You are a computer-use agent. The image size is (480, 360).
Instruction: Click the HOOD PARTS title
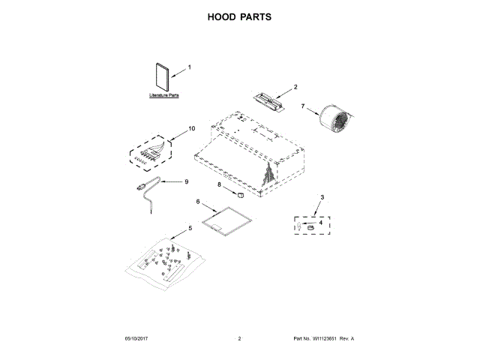tap(239, 16)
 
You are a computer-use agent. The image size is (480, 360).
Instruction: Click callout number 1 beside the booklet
tap(189, 67)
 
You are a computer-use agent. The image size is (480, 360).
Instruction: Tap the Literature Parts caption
tap(163, 97)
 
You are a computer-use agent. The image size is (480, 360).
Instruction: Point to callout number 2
tap(295, 87)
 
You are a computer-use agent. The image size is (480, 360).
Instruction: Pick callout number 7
tap(303, 107)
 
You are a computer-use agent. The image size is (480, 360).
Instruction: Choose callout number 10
tap(192, 128)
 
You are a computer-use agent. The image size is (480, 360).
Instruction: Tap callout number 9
tap(187, 181)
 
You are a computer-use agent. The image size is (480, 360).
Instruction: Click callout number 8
tap(220, 184)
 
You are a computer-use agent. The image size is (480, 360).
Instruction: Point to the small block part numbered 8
tap(241, 193)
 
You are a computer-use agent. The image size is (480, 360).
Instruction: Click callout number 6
tap(198, 202)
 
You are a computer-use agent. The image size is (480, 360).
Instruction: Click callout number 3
tap(322, 196)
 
